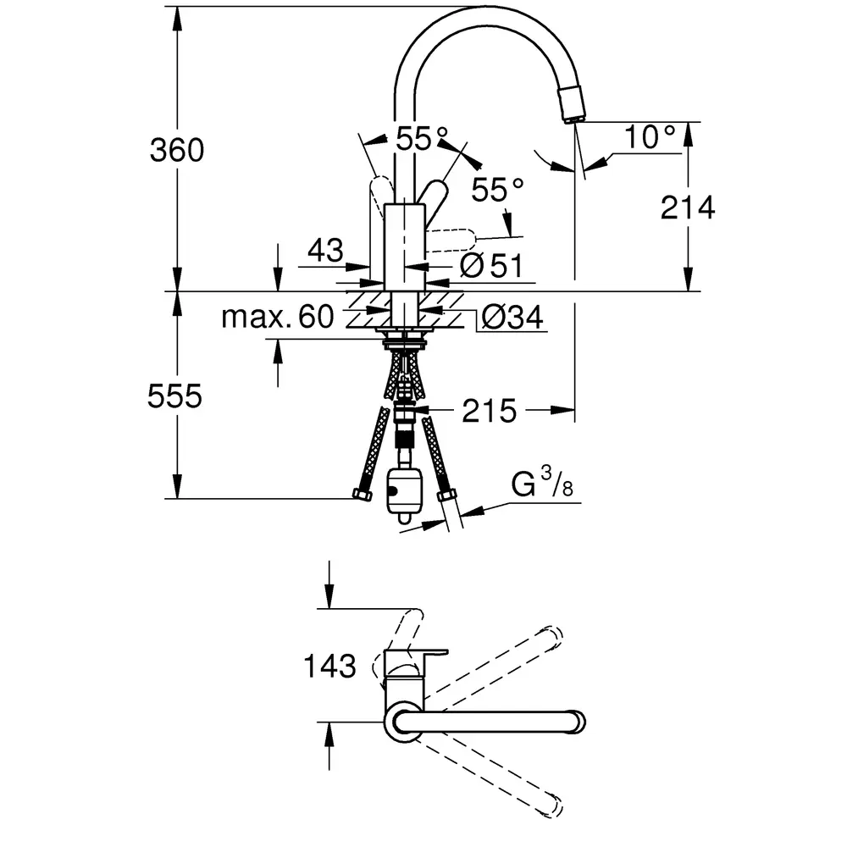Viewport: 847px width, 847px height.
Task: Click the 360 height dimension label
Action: tap(177, 150)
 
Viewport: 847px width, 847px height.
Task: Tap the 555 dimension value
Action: tap(174, 396)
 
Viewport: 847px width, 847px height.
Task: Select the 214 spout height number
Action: tap(688, 208)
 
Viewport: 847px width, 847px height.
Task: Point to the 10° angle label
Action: tap(650, 137)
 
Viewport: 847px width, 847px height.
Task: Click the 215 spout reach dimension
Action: tap(490, 411)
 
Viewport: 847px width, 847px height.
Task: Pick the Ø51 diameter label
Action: tap(491, 266)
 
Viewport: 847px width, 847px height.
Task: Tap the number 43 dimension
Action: tap(326, 250)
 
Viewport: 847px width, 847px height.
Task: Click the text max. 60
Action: tap(278, 317)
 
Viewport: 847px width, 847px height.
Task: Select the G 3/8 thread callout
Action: tap(542, 482)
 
